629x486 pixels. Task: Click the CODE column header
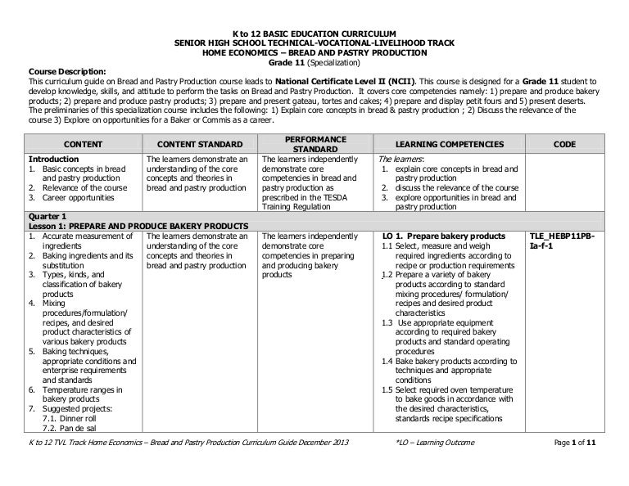(x=564, y=144)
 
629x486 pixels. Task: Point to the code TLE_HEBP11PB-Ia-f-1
(x=564, y=241)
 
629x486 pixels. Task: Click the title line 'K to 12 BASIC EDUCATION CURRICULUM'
(x=314, y=32)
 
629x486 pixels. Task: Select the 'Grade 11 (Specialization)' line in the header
(x=314, y=62)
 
